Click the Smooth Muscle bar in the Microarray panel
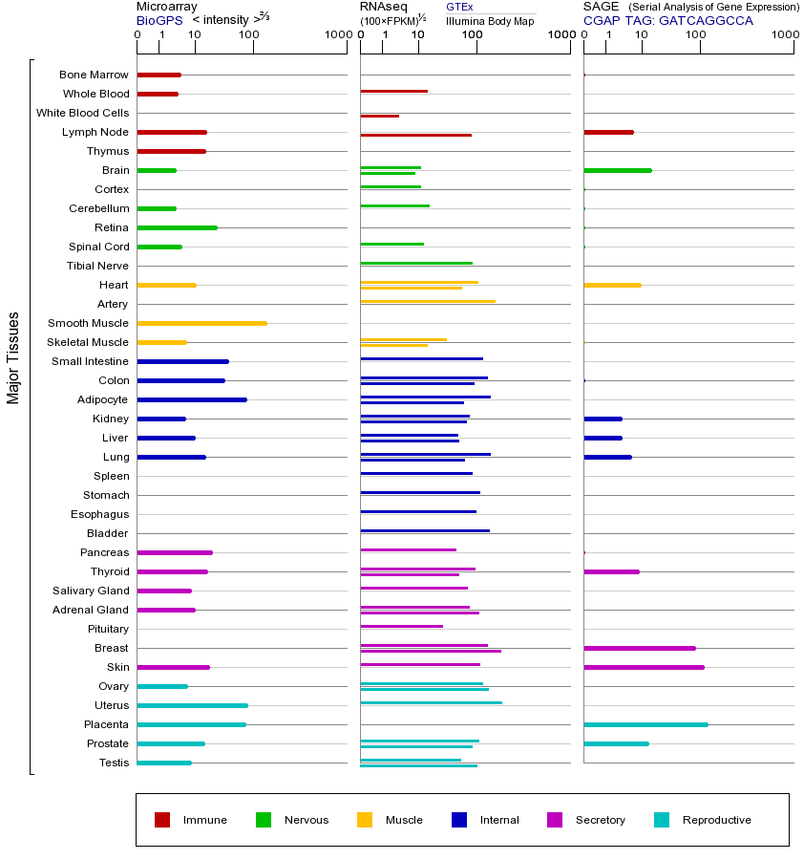201,323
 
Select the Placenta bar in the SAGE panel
645,724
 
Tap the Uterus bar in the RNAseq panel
431,702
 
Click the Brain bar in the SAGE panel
617,170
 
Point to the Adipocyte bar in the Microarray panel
192,399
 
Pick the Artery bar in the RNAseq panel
428,301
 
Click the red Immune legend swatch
162,820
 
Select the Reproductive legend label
716,820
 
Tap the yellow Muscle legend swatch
365,820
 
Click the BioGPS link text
158,19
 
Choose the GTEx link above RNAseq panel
459,7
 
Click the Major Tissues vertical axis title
13,357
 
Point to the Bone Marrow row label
94,75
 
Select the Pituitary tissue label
107,629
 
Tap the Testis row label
114,763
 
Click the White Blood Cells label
82,113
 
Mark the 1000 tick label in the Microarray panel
336,35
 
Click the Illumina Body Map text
490,20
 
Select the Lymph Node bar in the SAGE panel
608,132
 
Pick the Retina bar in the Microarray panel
177,227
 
